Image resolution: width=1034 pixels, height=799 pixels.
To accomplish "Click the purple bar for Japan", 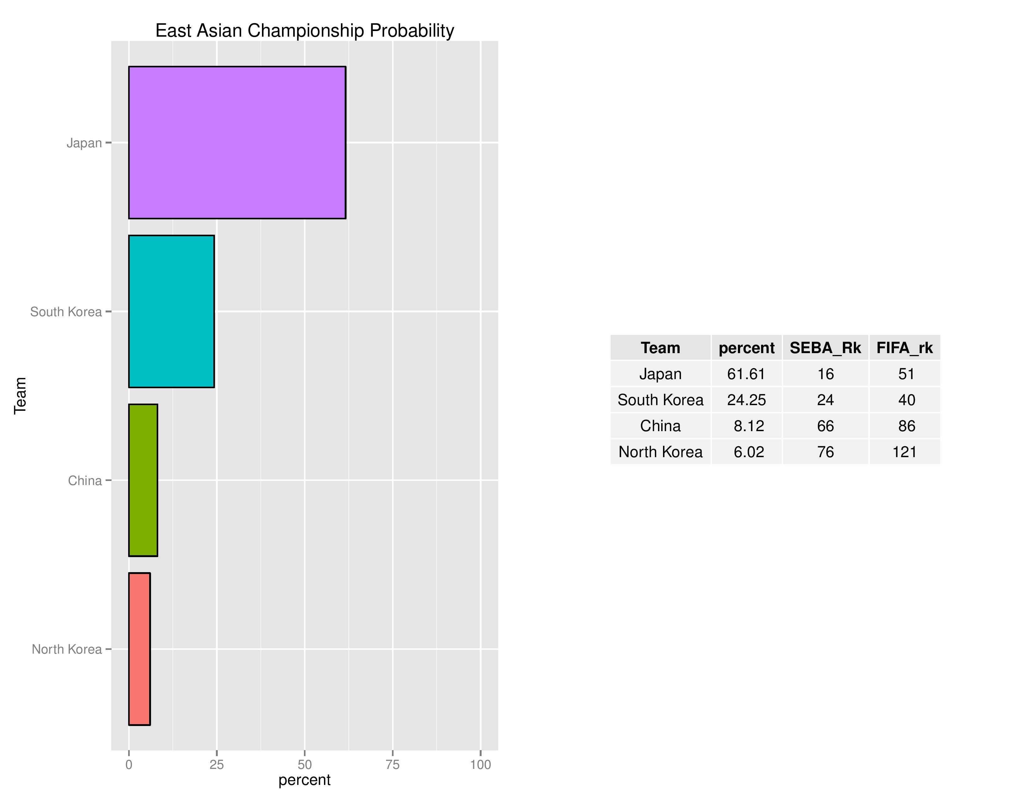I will click(237, 143).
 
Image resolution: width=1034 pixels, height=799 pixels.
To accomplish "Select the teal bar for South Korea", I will click(171, 311).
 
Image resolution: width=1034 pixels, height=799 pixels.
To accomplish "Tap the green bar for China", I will click(143, 480).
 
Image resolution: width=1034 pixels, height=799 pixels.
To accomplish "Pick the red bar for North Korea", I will click(139, 649).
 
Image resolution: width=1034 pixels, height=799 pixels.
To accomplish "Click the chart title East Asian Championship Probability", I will click(305, 31).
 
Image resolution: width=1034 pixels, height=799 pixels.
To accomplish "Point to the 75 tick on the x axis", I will click(393, 765).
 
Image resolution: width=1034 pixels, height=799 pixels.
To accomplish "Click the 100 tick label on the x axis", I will click(480, 765).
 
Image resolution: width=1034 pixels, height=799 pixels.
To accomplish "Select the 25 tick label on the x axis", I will click(217, 765).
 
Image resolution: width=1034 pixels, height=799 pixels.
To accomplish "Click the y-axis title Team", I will click(20, 396).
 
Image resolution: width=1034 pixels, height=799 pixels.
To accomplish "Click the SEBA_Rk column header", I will click(825, 348).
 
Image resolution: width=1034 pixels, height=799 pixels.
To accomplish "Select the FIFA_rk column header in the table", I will click(904, 348).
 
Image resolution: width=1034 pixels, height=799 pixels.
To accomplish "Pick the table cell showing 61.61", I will click(746, 374).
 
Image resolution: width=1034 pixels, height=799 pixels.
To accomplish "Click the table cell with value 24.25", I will click(746, 400).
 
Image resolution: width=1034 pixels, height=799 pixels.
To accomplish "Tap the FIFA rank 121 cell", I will click(904, 452).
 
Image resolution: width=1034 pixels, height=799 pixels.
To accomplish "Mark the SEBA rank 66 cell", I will click(825, 426).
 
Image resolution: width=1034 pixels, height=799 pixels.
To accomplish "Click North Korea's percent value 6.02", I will click(749, 452).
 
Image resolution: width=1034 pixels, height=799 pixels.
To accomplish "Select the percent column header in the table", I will click(746, 348).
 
